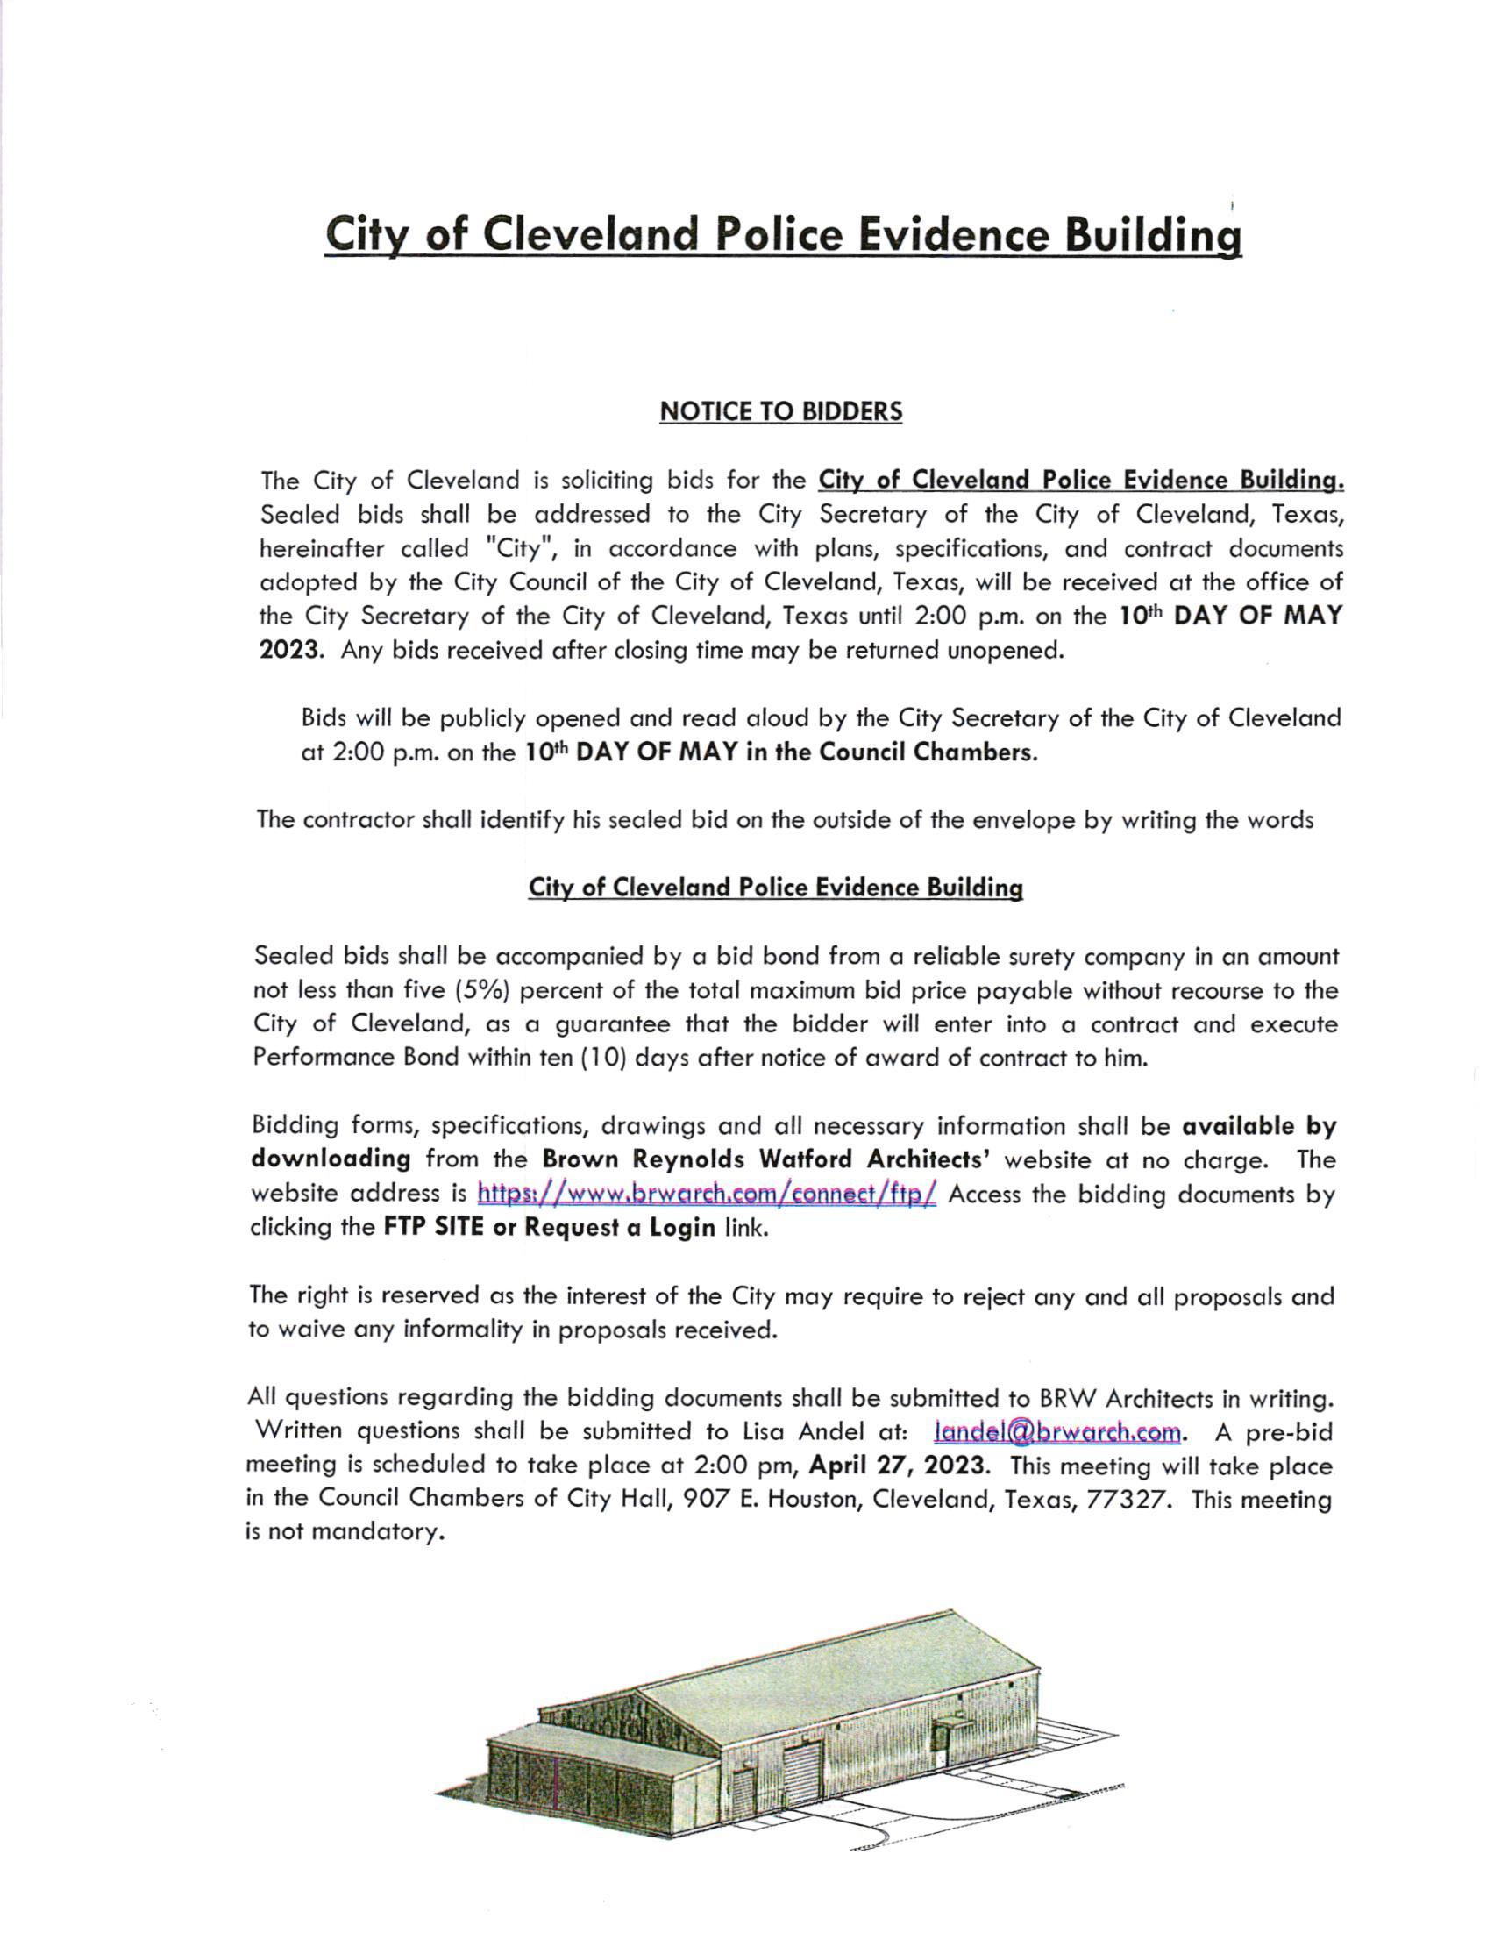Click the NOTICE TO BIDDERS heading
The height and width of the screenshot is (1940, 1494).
[780, 411]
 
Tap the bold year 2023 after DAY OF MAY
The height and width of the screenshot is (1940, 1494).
[288, 649]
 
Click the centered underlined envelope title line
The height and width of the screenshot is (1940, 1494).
[775, 888]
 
